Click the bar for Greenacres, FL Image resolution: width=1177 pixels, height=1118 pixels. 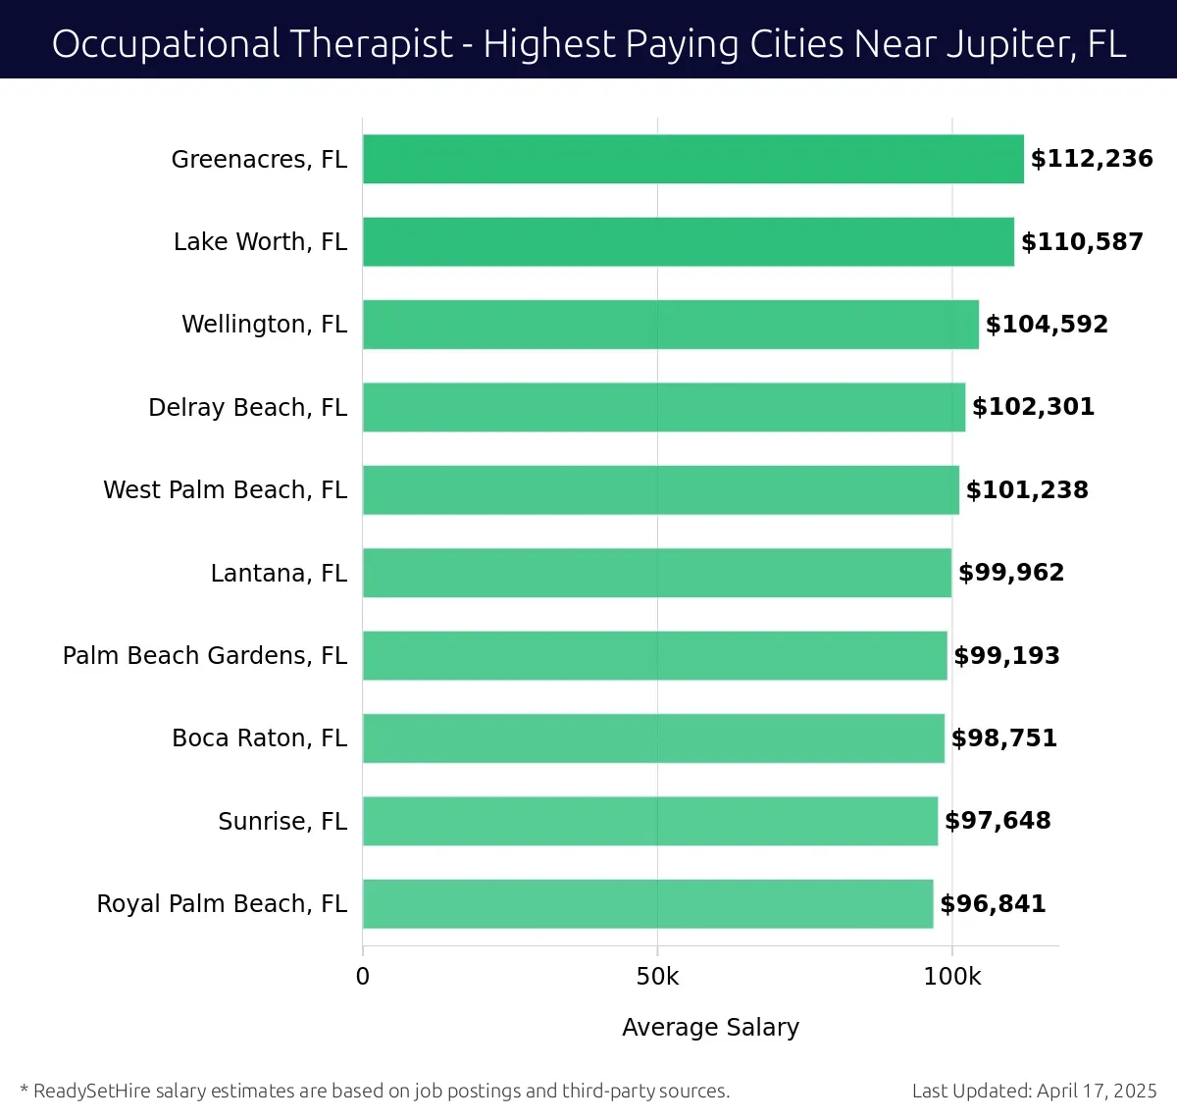(x=692, y=159)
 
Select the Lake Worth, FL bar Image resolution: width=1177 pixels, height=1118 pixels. (x=688, y=241)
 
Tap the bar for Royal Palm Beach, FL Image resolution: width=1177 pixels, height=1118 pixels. (x=647, y=903)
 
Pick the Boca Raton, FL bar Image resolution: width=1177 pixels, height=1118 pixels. (x=653, y=737)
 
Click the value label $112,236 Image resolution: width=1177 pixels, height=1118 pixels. (x=1092, y=159)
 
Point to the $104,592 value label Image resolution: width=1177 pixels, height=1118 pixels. (x=1047, y=325)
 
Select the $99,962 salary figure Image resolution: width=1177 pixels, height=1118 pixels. (x=1010, y=573)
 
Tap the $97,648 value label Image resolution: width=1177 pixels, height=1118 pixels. (x=998, y=821)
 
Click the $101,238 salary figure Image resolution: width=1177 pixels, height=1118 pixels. (x=1027, y=489)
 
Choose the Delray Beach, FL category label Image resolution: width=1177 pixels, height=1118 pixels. (x=247, y=407)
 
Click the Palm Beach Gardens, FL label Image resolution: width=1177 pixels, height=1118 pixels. (x=204, y=655)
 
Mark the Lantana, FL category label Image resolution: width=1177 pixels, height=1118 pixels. (x=279, y=573)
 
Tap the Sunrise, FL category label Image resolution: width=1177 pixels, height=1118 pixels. (x=282, y=821)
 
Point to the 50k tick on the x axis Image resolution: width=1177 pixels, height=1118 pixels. (x=657, y=977)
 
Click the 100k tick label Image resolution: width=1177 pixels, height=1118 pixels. (x=951, y=977)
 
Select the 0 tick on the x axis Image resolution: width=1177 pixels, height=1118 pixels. (x=363, y=977)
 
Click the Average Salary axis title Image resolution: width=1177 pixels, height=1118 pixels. (x=710, y=1027)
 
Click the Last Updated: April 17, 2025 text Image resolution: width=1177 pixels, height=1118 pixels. (x=1034, y=1091)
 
